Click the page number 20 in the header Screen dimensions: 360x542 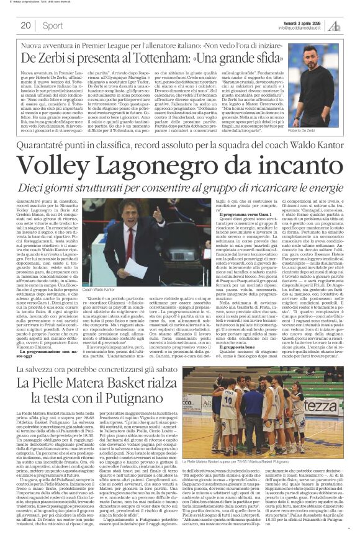click(25, 25)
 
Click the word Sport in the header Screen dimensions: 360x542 click(53, 25)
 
